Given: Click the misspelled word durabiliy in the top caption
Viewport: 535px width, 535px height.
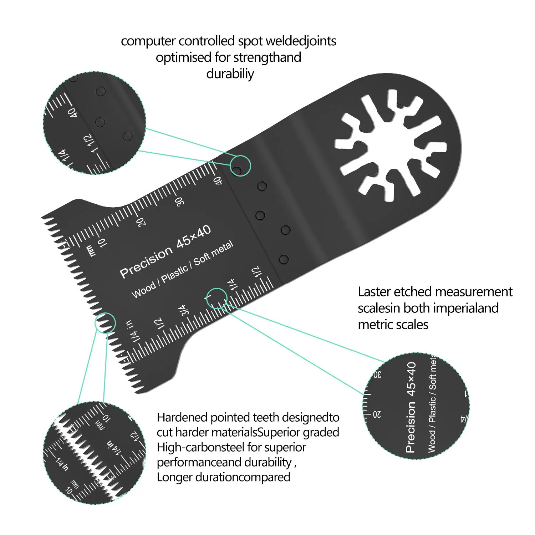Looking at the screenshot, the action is point(230,74).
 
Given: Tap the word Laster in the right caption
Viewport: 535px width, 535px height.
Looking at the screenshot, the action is point(375,292).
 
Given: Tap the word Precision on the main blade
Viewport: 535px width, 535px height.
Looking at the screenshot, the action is point(146,263).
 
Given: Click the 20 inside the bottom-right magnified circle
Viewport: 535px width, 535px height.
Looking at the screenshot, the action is point(377,414).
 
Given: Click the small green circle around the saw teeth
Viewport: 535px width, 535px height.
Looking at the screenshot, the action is point(105,323).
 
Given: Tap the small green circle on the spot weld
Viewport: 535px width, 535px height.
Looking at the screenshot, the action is point(240,166).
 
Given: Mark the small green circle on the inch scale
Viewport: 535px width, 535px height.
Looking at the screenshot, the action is point(216,298).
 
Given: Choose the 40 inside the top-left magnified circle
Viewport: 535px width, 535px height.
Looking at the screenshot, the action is point(72,113).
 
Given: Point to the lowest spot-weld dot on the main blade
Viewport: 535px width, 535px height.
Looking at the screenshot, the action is point(284,259).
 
